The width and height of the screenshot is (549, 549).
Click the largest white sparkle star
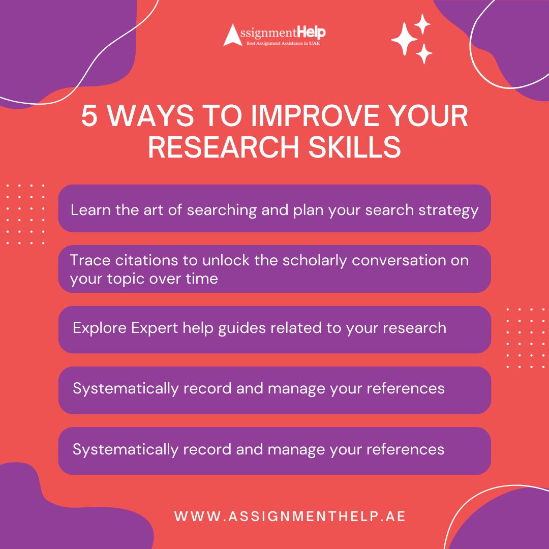pyautogui.click(x=404, y=39)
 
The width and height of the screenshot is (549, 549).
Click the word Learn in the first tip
pyautogui.click(x=86, y=210)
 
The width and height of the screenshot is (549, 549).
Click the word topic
pyautogui.click(x=124, y=279)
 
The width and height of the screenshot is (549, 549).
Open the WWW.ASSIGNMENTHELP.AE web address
pyautogui.click(x=290, y=516)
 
